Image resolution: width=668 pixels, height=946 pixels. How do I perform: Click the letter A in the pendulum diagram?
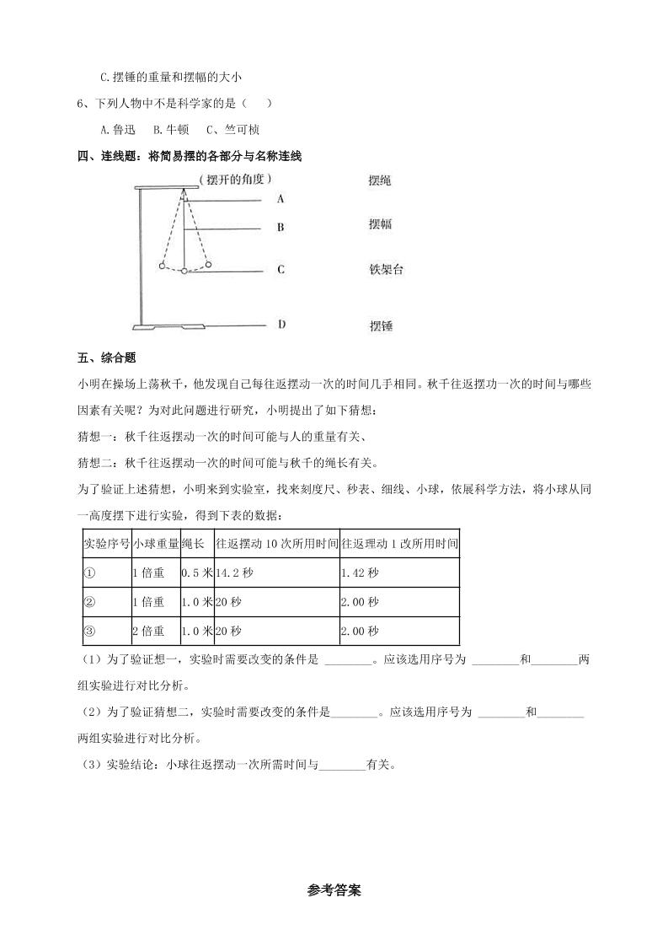tap(281, 200)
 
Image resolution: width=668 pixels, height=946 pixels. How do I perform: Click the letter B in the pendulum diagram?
tap(281, 228)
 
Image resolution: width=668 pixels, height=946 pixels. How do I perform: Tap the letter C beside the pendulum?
tap(281, 270)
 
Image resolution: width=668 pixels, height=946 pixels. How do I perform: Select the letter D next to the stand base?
tap(281, 324)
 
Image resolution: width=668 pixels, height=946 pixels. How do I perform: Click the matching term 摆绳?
tap(380, 181)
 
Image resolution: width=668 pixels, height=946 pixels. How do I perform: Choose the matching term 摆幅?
tap(380, 225)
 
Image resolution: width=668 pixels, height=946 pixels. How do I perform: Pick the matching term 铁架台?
tap(387, 270)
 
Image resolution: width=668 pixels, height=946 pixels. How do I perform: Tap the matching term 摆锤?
tap(380, 325)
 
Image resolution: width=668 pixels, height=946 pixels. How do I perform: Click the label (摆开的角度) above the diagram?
tap(235, 180)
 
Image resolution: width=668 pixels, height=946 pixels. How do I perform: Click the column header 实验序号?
tap(106, 544)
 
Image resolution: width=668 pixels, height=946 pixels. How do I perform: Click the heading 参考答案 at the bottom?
tap(334, 890)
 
